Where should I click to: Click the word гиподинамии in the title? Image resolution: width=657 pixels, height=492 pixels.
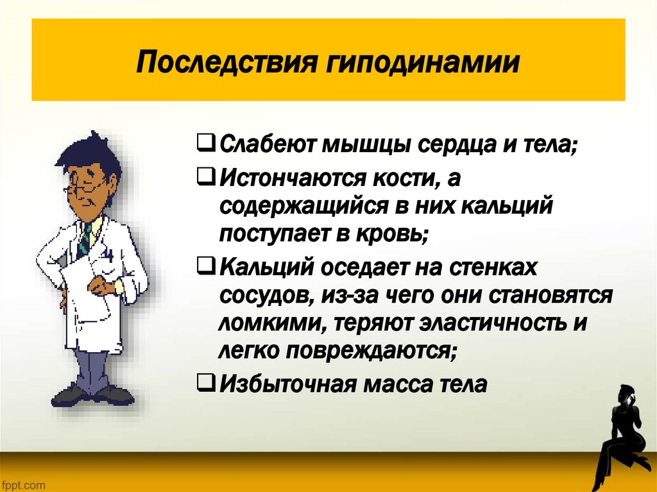pos(411,64)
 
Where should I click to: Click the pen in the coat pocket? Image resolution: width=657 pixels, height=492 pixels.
pos(110,255)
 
